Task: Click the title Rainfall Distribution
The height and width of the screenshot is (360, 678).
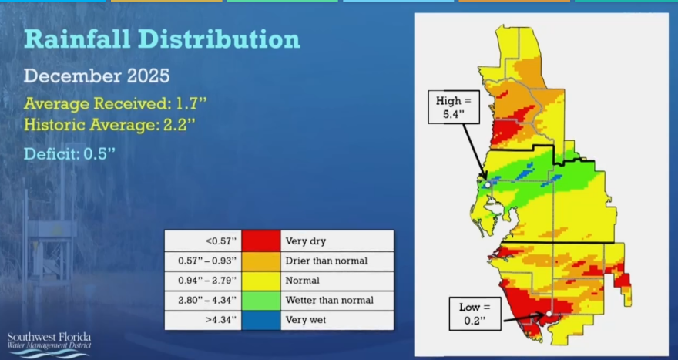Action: click(162, 40)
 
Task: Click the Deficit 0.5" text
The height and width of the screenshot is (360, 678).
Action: click(69, 153)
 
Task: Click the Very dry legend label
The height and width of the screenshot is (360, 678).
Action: click(305, 241)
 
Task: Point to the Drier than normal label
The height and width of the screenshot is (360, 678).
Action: click(326, 261)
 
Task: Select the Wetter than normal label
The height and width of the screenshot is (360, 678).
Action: click(329, 300)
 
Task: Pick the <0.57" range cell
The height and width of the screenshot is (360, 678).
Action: click(203, 241)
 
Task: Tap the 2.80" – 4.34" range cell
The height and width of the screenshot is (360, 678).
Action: click(203, 300)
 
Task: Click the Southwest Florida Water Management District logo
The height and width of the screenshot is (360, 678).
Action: click(49, 343)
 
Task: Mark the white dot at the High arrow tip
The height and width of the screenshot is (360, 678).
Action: click(488, 185)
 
